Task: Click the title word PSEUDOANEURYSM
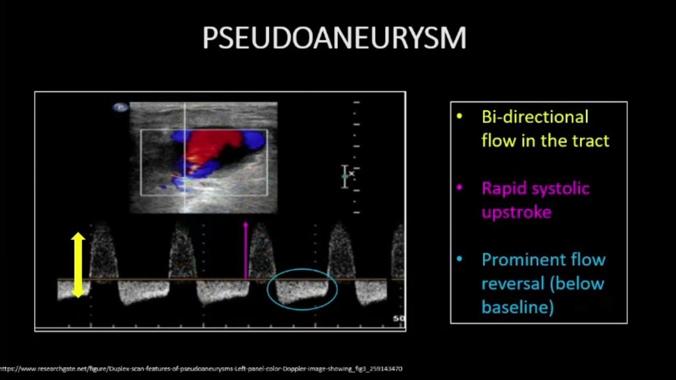334,38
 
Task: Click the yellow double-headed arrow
78,265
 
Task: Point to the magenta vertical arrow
246,250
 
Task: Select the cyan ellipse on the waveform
302,289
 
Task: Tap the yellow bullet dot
459,117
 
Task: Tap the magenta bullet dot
459,188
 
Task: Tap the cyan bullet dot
459,259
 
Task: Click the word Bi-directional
534,117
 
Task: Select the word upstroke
516,212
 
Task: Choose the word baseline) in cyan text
517,307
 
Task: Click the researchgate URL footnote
201,369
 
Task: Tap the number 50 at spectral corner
399,319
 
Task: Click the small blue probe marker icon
120,108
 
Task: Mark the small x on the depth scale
352,173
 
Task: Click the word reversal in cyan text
511,283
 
